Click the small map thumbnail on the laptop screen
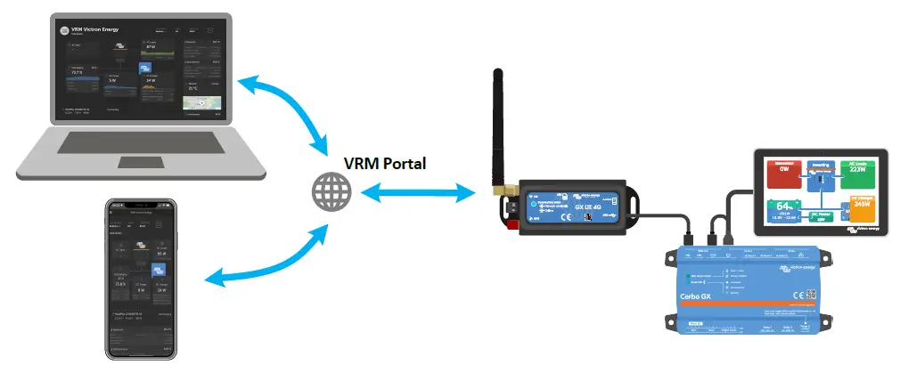(200, 104)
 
